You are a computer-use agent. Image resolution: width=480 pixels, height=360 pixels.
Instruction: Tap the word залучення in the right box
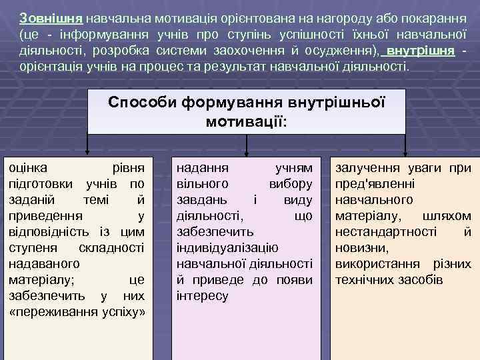pos(364,169)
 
